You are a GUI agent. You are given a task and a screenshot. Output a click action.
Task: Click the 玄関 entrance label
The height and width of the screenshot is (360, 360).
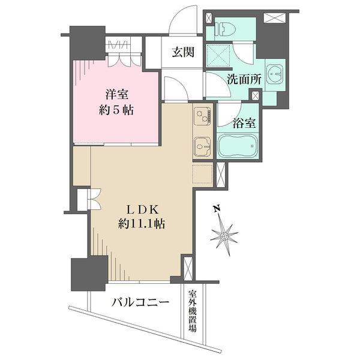point(183,52)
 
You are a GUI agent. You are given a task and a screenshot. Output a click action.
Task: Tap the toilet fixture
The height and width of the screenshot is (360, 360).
point(226,29)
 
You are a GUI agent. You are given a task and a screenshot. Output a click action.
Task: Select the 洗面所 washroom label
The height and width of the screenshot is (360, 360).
point(244,79)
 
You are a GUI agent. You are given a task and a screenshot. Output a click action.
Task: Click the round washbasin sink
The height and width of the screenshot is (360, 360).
point(275,74)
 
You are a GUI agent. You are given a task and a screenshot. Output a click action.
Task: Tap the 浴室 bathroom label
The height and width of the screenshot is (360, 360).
point(244,123)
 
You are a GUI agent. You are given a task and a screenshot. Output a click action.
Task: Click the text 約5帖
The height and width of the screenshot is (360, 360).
point(116,110)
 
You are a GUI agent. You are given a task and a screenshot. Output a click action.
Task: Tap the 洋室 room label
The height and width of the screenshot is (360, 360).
point(116,94)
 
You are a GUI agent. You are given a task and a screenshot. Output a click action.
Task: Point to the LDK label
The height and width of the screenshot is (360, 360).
point(143,209)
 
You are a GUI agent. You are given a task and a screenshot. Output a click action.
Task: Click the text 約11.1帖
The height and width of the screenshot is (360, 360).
point(142,224)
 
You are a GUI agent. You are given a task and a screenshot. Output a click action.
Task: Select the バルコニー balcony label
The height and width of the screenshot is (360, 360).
point(140,302)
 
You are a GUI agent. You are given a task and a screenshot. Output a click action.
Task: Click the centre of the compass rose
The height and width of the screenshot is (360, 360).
point(224,236)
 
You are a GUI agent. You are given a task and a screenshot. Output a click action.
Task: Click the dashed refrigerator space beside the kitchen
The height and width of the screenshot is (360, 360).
point(203,173)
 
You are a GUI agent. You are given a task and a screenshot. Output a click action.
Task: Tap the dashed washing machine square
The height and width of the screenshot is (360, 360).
point(218,55)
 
